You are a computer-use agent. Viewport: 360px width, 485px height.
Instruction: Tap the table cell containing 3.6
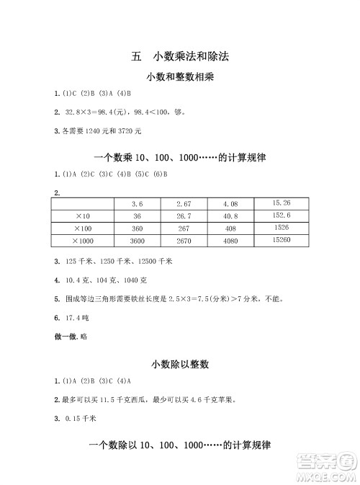(137, 205)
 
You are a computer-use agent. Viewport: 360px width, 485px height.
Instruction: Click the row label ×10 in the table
(81, 216)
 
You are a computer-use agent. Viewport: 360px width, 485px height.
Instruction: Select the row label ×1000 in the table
(84, 240)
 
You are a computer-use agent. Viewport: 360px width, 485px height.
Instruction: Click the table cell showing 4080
(230, 240)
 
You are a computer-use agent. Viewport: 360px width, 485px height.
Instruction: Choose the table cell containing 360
(137, 228)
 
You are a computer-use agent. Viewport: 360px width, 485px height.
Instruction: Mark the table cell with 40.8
(230, 216)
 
